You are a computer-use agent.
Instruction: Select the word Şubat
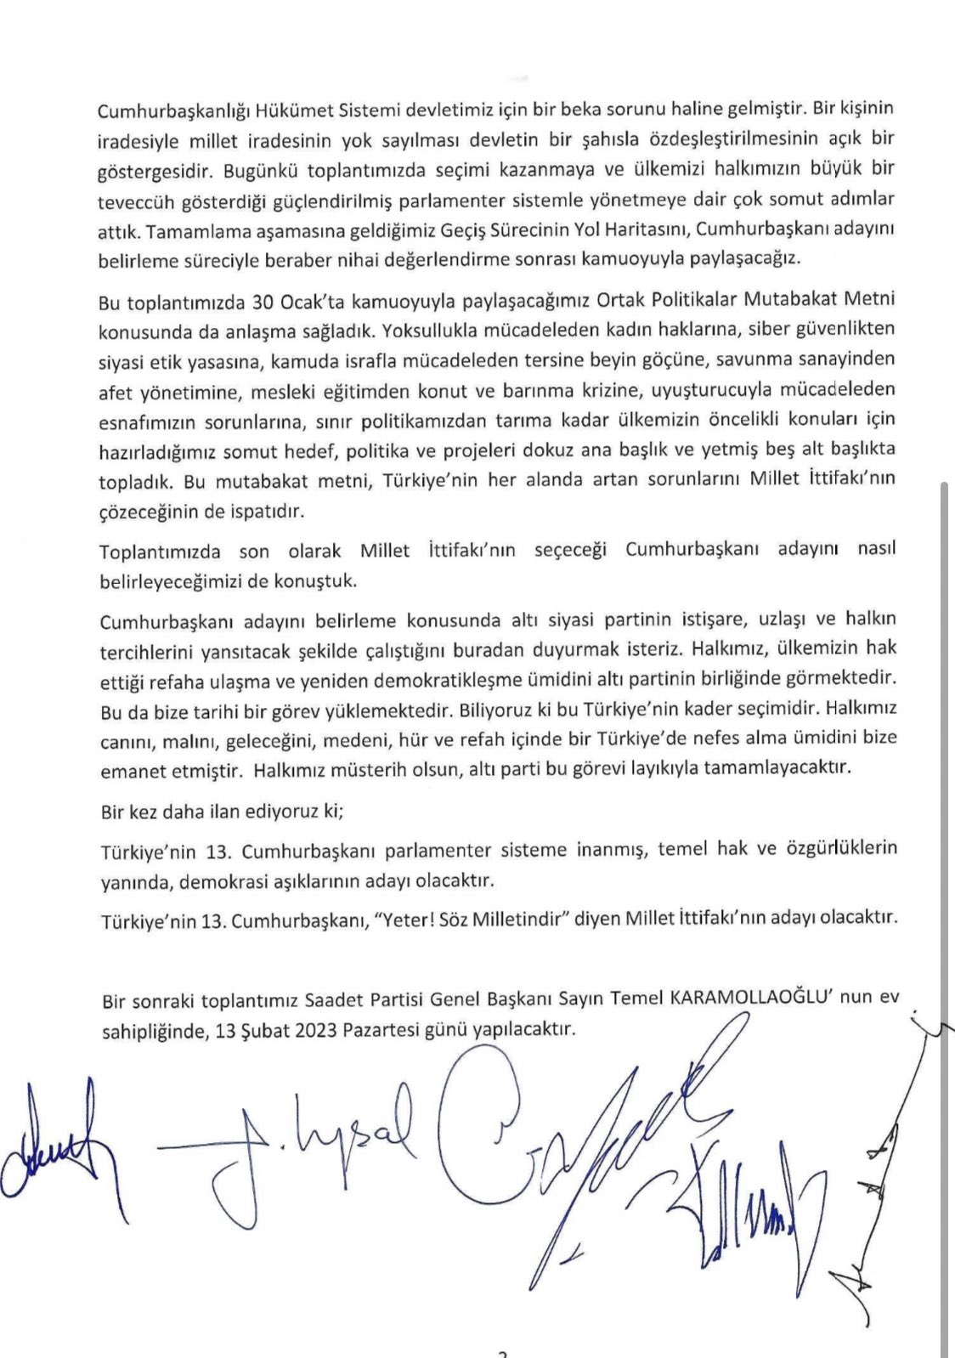255,1028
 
